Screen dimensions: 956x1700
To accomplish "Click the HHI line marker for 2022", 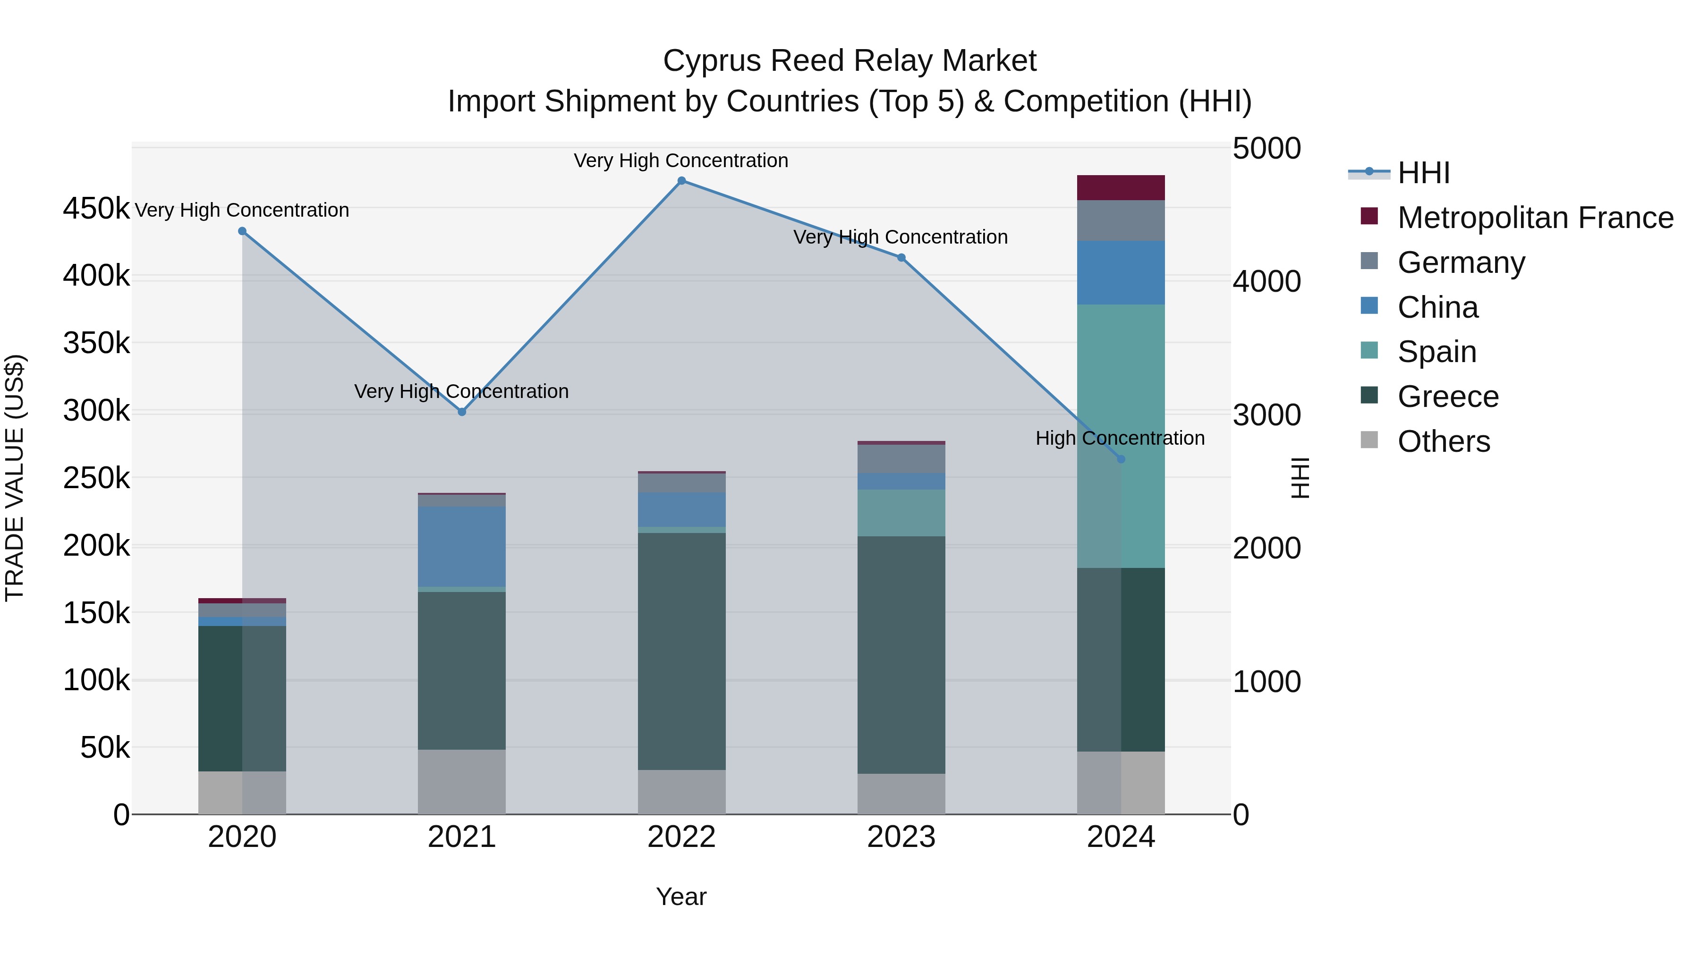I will point(682,181).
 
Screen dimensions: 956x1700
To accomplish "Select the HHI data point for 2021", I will point(462,412).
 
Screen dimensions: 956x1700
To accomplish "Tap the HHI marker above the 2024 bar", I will point(1121,459).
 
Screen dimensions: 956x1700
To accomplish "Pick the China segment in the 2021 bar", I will point(462,546).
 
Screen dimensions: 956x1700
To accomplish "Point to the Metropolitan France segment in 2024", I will point(1121,187).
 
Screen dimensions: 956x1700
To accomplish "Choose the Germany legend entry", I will point(1461,262).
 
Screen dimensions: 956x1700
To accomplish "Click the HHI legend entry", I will point(1423,173).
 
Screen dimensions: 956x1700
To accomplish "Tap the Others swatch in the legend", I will point(1369,440).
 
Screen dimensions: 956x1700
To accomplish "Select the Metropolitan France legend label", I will point(1535,218).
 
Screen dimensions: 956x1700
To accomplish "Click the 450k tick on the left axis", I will point(96,209).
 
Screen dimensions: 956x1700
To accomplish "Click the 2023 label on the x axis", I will point(901,837).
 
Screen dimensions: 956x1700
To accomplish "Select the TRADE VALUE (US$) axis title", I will point(15,478).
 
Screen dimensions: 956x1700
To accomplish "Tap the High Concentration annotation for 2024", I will point(1120,438).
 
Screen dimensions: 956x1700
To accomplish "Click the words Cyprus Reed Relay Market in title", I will point(850,61).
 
